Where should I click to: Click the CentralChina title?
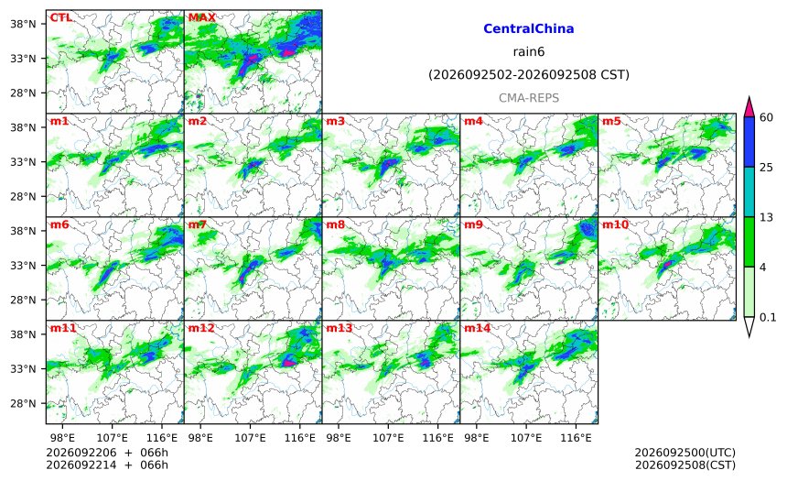click(529, 28)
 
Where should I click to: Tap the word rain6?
click(529, 52)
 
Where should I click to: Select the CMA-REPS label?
click(529, 98)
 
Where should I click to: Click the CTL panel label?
click(60, 17)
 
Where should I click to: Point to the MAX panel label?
click(201, 17)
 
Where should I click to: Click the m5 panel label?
click(611, 121)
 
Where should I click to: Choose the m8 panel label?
click(335, 224)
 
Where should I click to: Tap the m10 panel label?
click(615, 224)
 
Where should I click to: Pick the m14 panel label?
click(477, 328)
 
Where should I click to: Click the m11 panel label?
click(63, 328)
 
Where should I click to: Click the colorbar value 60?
click(766, 117)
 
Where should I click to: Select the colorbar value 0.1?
click(768, 317)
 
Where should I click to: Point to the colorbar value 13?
click(766, 217)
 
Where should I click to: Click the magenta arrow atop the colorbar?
click(749, 107)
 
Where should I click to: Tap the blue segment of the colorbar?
click(749, 142)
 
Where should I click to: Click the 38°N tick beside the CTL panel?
click(23, 24)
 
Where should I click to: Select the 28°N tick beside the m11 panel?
click(23, 404)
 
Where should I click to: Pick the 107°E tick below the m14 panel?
click(526, 438)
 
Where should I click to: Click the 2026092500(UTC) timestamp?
click(685, 453)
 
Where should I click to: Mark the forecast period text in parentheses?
click(529, 75)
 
